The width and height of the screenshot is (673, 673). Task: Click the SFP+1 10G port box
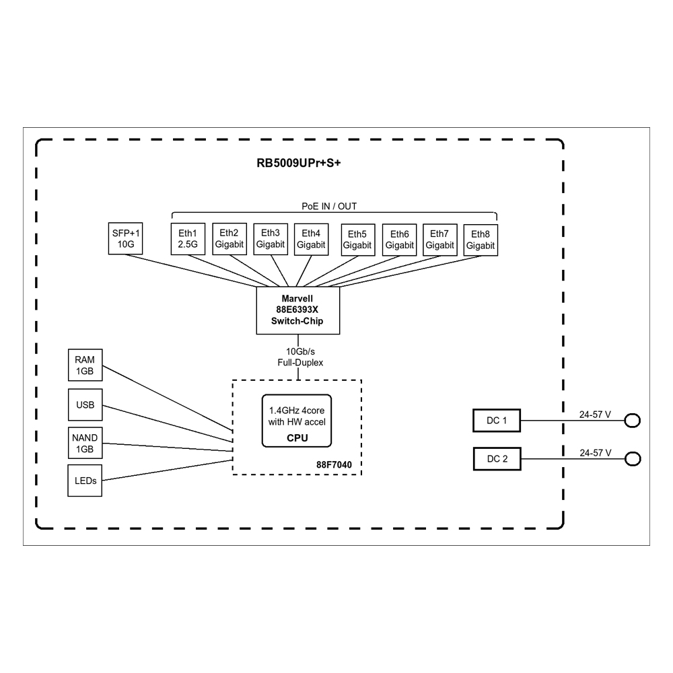(x=125, y=238)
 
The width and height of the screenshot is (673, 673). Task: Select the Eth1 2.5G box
(x=188, y=239)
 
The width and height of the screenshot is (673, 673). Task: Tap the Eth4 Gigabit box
(x=311, y=240)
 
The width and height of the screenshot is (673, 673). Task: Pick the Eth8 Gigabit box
(x=481, y=240)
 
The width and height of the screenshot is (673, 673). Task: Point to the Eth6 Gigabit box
(x=400, y=240)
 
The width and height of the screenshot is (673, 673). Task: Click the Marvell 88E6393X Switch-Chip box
(x=298, y=310)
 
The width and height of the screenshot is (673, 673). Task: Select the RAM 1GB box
(x=85, y=365)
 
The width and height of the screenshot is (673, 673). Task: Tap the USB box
(x=85, y=404)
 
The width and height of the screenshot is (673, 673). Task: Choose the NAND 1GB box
(x=85, y=443)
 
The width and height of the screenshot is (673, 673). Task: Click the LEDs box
(x=85, y=481)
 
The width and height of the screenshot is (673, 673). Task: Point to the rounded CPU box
(x=297, y=421)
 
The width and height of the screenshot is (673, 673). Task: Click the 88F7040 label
(x=334, y=465)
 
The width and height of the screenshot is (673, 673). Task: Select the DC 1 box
(x=497, y=421)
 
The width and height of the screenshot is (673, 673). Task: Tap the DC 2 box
(x=497, y=459)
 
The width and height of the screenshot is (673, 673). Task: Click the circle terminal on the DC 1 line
(x=632, y=421)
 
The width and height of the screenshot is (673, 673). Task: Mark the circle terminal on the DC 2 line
(x=633, y=459)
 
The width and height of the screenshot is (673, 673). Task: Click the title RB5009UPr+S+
(x=299, y=163)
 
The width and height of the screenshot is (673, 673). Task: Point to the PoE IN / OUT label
(x=329, y=206)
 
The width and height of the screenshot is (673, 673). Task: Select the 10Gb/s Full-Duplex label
(x=300, y=357)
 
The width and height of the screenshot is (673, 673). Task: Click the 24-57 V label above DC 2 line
(x=596, y=453)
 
